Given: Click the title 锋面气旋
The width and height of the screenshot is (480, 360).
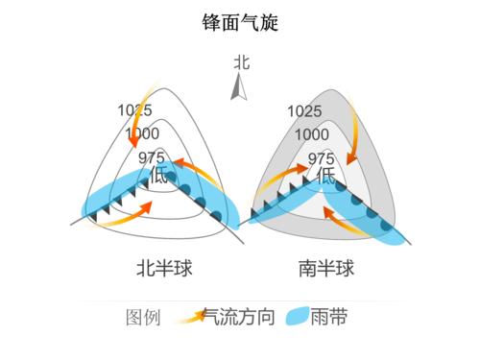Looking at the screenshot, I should [x=239, y=22].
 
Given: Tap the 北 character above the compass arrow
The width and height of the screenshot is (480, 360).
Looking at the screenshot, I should [x=241, y=62].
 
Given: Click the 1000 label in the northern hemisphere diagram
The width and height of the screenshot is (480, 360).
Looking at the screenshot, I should [x=141, y=133].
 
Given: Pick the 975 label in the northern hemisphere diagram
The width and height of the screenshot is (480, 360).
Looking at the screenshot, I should [x=152, y=157].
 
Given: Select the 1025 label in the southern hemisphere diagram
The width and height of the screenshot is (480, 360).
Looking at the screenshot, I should [x=303, y=111].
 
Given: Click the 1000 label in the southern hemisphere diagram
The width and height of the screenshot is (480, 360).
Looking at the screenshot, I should [x=312, y=134].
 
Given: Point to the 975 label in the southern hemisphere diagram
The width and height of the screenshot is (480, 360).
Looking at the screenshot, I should [x=322, y=158].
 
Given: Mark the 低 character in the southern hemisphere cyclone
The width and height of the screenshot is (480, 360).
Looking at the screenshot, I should [x=327, y=176].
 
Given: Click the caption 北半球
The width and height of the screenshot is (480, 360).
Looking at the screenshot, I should [x=164, y=268].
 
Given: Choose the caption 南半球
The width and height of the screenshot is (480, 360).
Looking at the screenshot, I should [x=326, y=268].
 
